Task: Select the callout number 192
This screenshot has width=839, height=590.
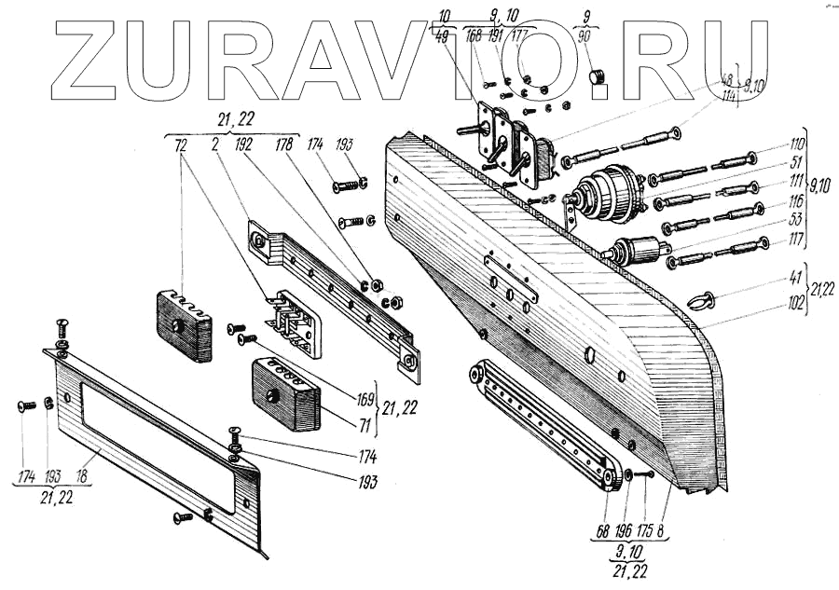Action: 247,147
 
